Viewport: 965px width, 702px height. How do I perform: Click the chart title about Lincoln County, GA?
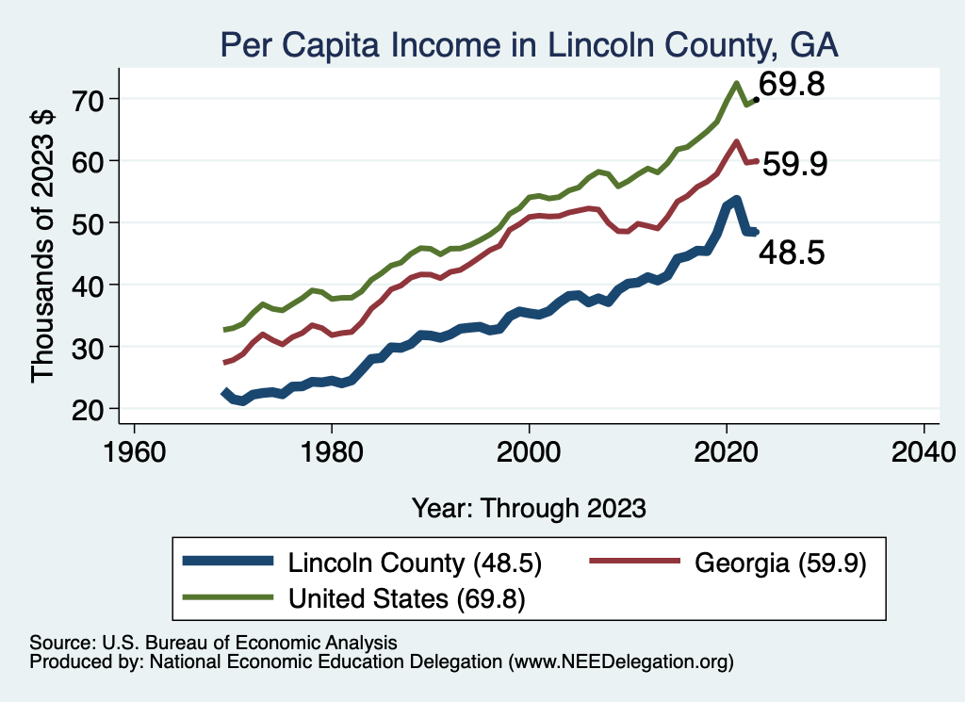[529, 43]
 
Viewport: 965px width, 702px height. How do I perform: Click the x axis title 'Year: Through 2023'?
[529, 508]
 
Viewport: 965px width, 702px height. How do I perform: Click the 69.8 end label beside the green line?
[793, 86]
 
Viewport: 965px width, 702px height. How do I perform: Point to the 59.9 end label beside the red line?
[794, 165]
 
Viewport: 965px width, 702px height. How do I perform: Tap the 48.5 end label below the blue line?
[793, 253]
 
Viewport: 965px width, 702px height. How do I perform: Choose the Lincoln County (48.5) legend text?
[414, 563]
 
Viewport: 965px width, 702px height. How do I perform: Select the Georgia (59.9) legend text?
[779, 563]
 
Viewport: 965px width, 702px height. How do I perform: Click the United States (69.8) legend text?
[406, 597]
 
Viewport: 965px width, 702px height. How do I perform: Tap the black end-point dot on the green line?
[756, 99]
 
